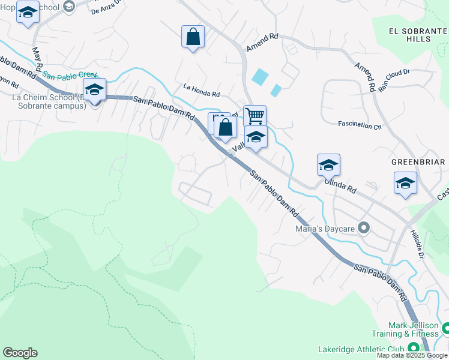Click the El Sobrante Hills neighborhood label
tap(410, 35)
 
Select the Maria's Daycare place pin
tap(363, 227)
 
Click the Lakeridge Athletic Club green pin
tap(413, 349)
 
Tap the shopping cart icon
tap(255, 115)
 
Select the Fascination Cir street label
tap(360, 126)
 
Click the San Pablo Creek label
tap(70, 76)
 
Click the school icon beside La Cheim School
tap(94, 89)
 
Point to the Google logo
tap(20, 353)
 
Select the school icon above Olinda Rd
tap(328, 164)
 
